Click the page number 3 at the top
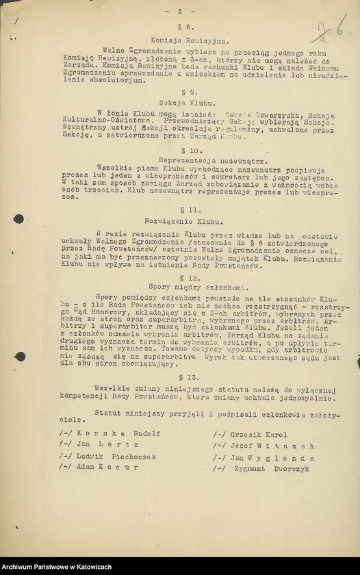point(180,12)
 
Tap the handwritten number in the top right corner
point(328,31)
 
